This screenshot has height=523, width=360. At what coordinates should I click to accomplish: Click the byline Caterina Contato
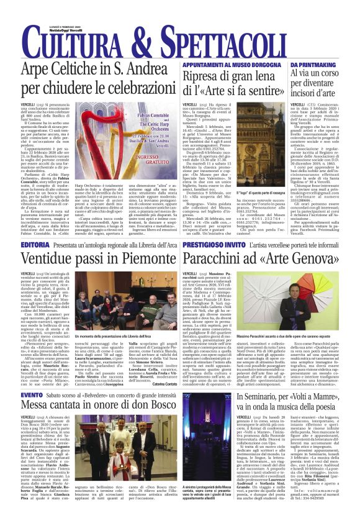click(x=164, y=383)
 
